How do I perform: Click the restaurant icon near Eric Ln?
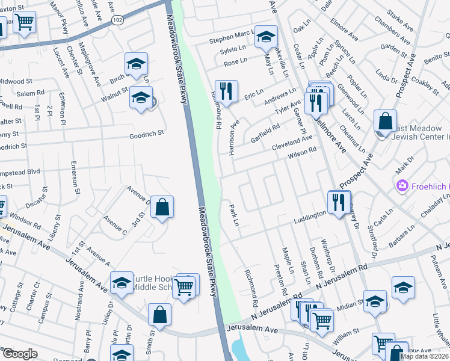[226, 91]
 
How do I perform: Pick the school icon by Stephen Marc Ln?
[265, 37]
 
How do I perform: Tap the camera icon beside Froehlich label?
[402, 187]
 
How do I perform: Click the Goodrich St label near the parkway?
[147, 136]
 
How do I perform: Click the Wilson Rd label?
[302, 153]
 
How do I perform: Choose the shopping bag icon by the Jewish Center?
[385, 121]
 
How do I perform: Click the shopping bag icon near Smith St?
[159, 315]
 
